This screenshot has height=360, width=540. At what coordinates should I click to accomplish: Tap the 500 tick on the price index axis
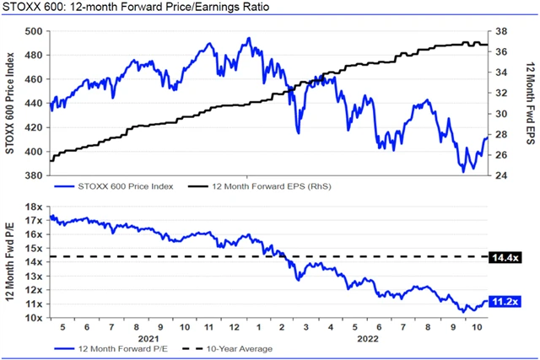[35, 31]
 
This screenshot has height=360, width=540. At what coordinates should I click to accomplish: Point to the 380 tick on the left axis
[35, 176]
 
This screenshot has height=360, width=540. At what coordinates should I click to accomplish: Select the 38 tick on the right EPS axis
[499, 31]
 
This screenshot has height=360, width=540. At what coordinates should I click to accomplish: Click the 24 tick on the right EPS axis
[499, 176]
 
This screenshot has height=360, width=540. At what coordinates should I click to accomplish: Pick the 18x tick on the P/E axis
[34, 207]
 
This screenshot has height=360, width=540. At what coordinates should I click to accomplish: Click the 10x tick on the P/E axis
[34, 318]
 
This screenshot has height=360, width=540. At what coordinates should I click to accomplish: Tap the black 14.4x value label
[503, 255]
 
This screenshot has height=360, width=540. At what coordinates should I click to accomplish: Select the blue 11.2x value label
[503, 301]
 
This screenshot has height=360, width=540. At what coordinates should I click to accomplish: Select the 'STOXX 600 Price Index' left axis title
[11, 103]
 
